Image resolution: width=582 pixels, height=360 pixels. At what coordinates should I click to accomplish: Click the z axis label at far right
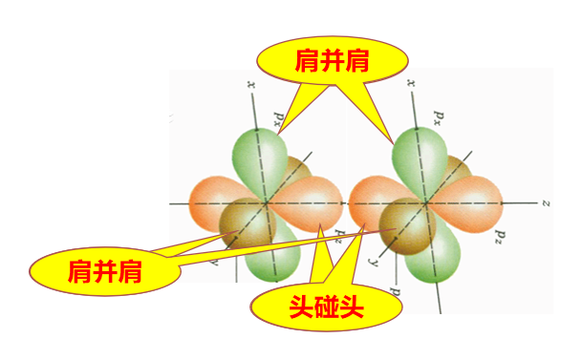542,203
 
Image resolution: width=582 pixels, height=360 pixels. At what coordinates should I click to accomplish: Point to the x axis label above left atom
250,85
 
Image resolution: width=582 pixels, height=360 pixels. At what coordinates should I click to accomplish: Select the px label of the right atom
441,116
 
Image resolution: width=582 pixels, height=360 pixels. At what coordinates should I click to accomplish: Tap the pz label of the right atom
499,235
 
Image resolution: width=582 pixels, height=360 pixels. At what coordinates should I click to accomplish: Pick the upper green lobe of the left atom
257,158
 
